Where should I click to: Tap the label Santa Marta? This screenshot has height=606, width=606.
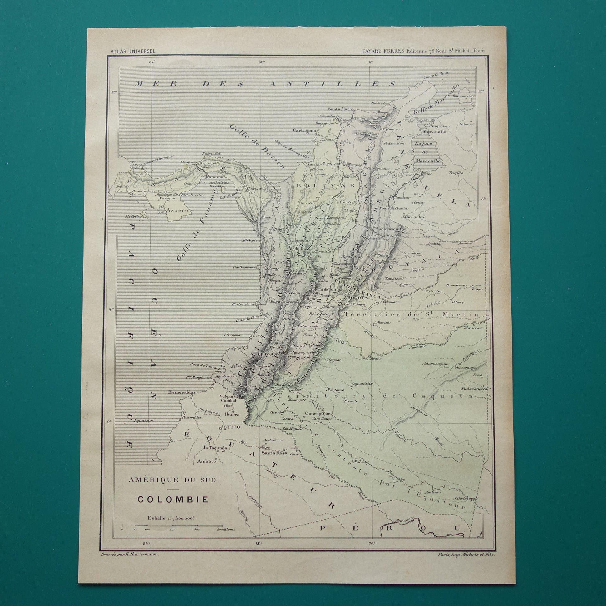pyautogui.click(x=341, y=109)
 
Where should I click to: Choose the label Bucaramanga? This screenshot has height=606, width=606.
pyautogui.click(x=390, y=229)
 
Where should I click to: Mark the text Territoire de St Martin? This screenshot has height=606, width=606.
pyautogui.click(x=411, y=314)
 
